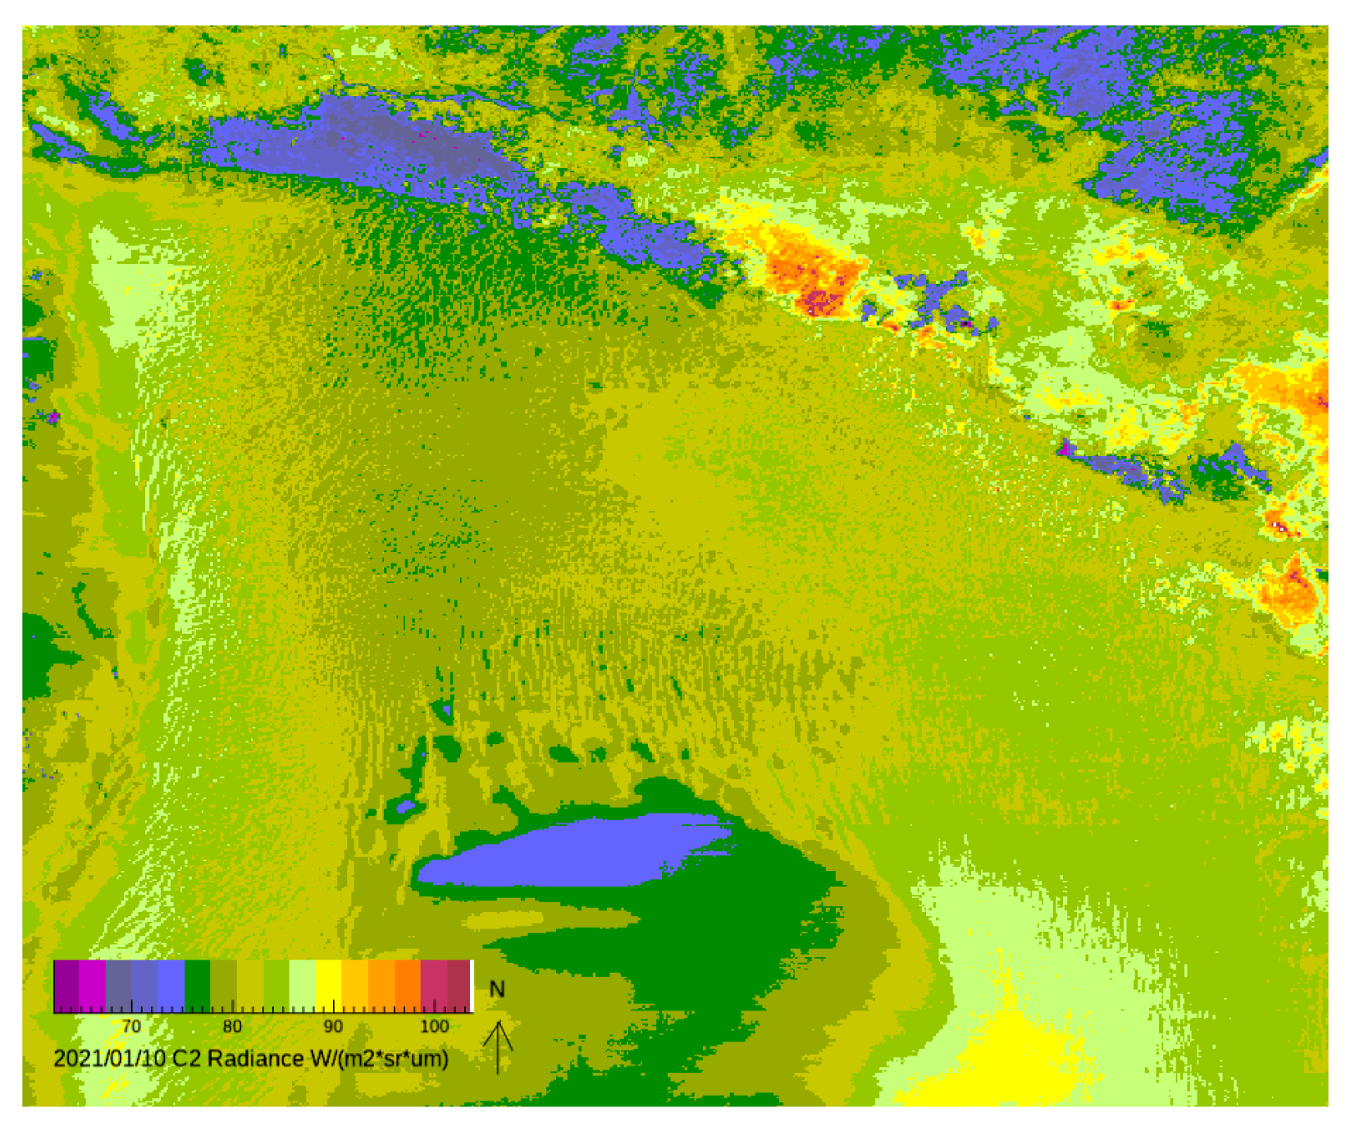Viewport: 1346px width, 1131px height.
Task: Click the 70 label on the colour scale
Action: (131, 1026)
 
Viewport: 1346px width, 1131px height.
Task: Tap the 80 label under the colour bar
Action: (232, 1026)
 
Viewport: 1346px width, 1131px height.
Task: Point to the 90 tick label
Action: (333, 1026)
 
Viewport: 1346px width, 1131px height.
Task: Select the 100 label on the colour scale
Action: (434, 1026)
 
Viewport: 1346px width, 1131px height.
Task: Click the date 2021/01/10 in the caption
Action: (110, 1059)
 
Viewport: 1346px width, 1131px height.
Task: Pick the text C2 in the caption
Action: (186, 1059)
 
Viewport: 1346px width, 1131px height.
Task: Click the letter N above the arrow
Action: (496, 989)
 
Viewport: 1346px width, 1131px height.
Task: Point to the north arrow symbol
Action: (498, 1046)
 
